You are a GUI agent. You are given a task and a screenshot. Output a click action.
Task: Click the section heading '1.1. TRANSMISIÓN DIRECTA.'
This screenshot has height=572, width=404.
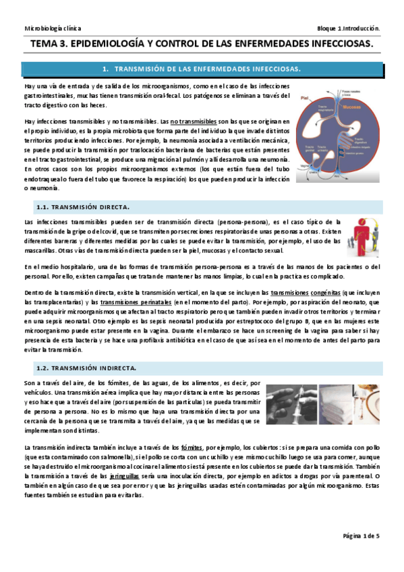91,206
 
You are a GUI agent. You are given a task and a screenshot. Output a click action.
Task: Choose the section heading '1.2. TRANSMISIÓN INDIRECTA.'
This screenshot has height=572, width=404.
95,368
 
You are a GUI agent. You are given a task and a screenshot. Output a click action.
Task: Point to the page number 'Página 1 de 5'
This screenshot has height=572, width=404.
361,536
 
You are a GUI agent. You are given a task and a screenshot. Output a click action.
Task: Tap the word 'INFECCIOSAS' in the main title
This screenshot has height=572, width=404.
333,44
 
